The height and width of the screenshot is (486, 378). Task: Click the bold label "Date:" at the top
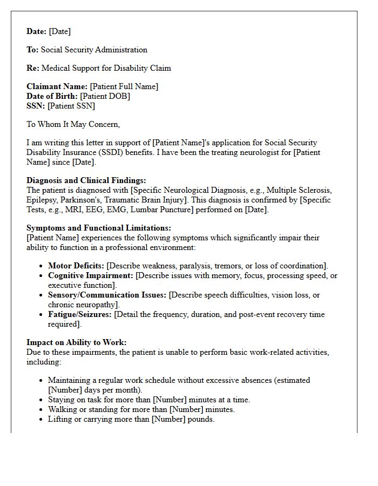pos(37,31)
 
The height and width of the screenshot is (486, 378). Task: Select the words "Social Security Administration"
pos(94,50)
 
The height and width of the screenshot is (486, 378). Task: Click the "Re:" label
pos(33,68)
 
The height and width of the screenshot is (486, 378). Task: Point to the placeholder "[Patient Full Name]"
pos(124,86)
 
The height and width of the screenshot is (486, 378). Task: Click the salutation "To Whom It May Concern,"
pos(73,124)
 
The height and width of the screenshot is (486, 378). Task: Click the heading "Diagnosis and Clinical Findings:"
pos(86,180)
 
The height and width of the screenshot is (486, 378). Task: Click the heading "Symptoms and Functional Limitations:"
pos(99,228)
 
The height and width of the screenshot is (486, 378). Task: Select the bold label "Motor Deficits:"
pos(76,266)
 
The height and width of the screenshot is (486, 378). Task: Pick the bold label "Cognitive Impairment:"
pos(91,275)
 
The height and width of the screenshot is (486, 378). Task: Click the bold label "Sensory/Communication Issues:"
pos(107,295)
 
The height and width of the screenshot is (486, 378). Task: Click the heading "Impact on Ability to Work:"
pos(76,342)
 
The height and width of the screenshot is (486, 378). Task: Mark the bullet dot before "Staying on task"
pos(41,400)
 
